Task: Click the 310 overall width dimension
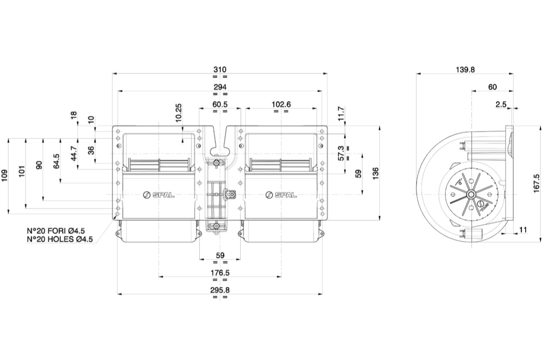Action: pos(220,70)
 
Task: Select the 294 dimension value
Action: pos(220,87)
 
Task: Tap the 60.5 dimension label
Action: pos(220,105)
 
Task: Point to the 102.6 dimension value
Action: pos(281,105)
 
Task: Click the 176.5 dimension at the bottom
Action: pos(220,273)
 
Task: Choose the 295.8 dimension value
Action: pos(220,290)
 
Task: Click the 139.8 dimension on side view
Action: pos(465,70)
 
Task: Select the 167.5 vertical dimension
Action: pos(536,183)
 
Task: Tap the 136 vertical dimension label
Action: pos(376,174)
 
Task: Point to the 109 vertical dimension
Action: pos(5,175)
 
